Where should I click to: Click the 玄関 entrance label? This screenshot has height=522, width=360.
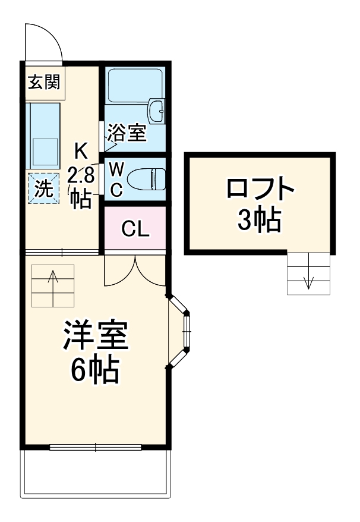(x=43, y=82)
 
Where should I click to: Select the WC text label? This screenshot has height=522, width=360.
(x=117, y=180)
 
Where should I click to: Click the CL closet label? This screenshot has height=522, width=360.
(x=135, y=228)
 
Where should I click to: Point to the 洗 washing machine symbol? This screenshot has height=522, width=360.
(x=43, y=188)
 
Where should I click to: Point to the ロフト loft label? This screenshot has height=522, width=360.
(x=260, y=190)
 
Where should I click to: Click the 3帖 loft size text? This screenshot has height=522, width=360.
(x=259, y=221)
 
